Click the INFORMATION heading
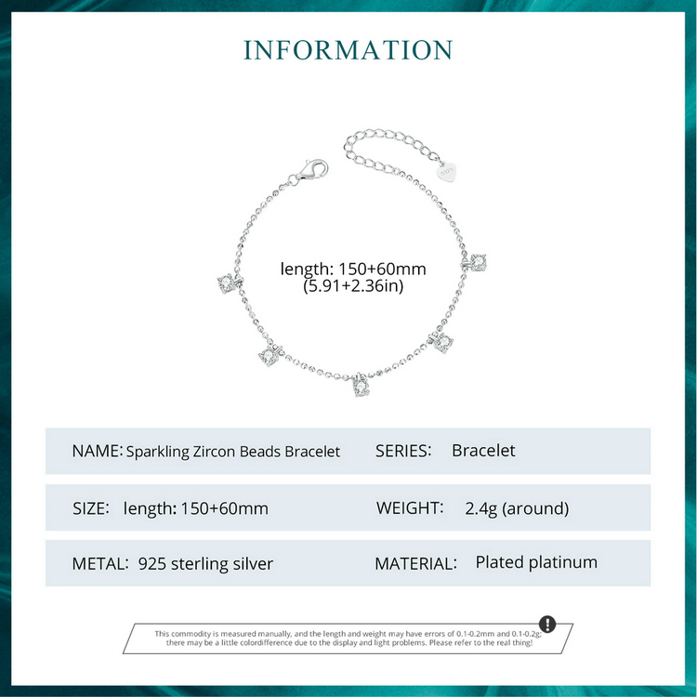[348, 50]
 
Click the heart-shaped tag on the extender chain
[447, 172]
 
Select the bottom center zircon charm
[362, 386]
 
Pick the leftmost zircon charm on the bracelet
[229, 283]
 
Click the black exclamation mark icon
[547, 624]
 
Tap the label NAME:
[98, 451]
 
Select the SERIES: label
[403, 451]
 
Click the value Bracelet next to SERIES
[483, 451]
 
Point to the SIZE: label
[91, 508]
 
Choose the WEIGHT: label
[410, 507]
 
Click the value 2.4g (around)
[517, 508]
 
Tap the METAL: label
[100, 564]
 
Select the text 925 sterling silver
[205, 564]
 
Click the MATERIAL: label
[415, 564]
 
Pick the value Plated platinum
[536, 562]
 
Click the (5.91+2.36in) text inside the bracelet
[353, 286]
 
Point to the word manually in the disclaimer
[275, 634]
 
